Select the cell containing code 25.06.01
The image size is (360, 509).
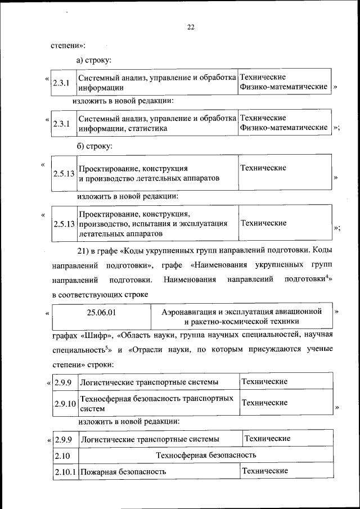pyautogui.click(x=102, y=310)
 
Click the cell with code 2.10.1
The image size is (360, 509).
pyautogui.click(x=65, y=471)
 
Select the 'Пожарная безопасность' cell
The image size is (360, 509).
pyautogui.click(x=123, y=471)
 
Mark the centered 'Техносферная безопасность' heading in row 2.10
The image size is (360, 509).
pyautogui.click(x=206, y=454)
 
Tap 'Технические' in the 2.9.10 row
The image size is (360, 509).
pyautogui.click(x=264, y=403)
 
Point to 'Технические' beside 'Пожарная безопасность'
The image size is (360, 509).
pyautogui.click(x=264, y=470)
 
